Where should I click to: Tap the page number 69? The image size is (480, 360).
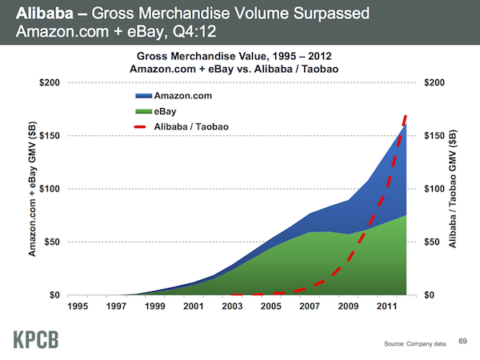(462, 341)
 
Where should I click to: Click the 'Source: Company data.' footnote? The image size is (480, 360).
(417, 343)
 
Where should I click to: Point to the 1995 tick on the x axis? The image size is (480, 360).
(78, 305)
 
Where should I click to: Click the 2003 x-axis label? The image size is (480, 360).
(231, 305)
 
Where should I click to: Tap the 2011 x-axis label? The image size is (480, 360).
(386, 305)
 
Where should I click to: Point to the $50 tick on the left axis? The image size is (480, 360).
(53, 242)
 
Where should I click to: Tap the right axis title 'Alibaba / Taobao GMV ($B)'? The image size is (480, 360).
(454, 190)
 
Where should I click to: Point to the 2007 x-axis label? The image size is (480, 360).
(309, 305)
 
